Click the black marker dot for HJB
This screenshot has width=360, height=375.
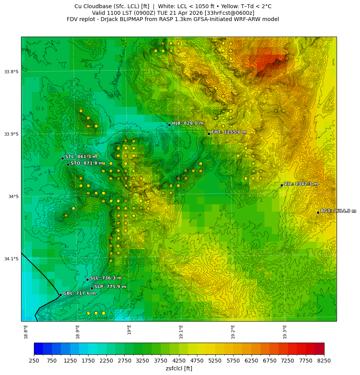[x=169, y=125]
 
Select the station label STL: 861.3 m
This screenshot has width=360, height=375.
[x=81, y=157]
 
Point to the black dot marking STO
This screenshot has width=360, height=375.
[x=68, y=165]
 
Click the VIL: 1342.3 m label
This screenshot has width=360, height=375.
[x=301, y=184]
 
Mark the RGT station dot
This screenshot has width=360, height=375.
[x=318, y=212]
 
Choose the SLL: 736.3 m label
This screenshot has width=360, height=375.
[x=106, y=278]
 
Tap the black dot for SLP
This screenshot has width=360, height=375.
[x=92, y=288]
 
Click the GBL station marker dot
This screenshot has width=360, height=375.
[x=60, y=295]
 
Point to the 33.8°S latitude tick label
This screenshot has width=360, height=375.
[x=11, y=72]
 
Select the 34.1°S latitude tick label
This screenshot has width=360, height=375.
[x=11, y=259]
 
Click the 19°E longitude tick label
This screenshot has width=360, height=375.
[x=129, y=329]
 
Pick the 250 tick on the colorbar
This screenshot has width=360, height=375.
[x=34, y=361]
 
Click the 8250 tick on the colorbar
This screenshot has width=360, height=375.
[x=324, y=361]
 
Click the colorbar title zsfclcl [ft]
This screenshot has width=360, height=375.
[x=179, y=368]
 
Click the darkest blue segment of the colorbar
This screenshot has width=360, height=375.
[x=38, y=348]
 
